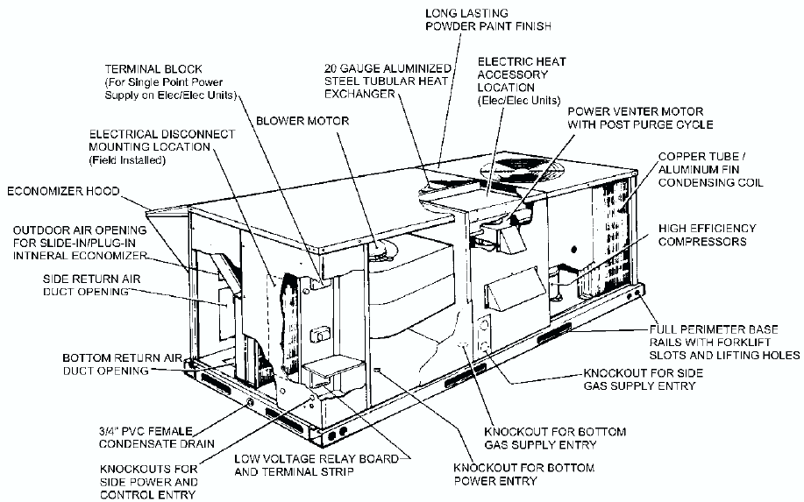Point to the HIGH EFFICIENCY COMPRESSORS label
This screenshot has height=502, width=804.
[707, 234]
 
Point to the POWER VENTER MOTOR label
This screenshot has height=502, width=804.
[640, 117]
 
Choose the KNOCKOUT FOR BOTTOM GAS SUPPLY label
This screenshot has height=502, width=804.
[555, 438]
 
